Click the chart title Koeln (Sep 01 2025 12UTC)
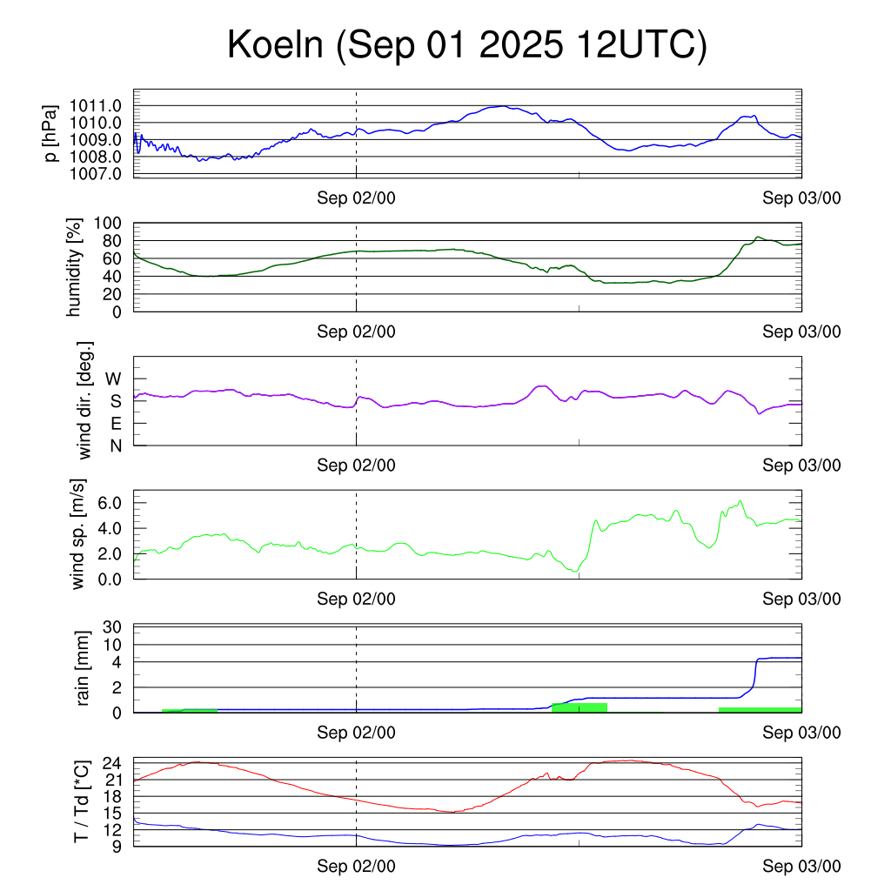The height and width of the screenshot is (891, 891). pos(467,45)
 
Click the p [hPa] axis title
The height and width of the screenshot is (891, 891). pos(52,133)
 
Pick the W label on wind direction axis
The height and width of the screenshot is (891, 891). pos(113,379)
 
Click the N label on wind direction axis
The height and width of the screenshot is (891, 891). pos(115,445)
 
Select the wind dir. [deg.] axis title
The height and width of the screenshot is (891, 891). pos(84,400)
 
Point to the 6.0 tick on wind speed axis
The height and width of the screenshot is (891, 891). pos(114,503)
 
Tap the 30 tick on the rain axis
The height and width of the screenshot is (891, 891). pos(114,626)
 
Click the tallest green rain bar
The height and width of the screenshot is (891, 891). pos(579,707)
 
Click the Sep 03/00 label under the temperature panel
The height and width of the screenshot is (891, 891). pos(801,866)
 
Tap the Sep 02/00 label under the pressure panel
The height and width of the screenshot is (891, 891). pos(356,198)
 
